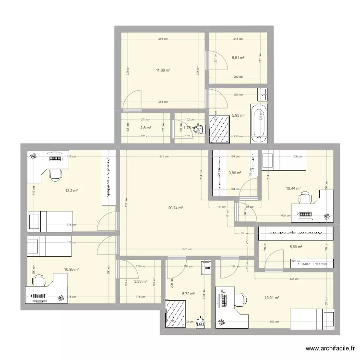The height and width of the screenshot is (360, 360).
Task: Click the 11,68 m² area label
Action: (163, 70)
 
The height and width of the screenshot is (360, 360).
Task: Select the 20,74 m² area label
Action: (176, 208)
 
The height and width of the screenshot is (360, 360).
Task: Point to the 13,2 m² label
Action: (72, 191)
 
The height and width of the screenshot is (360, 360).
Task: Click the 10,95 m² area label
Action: (72, 270)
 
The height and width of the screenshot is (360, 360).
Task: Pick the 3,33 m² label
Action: (141, 282)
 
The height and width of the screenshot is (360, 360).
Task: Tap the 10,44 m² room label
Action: (293, 189)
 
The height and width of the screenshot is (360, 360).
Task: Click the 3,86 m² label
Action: (235, 173)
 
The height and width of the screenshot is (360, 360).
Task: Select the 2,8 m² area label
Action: (145, 128)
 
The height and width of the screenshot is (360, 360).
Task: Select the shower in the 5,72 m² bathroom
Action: (176, 314)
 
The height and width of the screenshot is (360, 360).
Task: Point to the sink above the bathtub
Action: (262, 93)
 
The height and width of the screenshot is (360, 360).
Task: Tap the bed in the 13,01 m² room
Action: (312, 319)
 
